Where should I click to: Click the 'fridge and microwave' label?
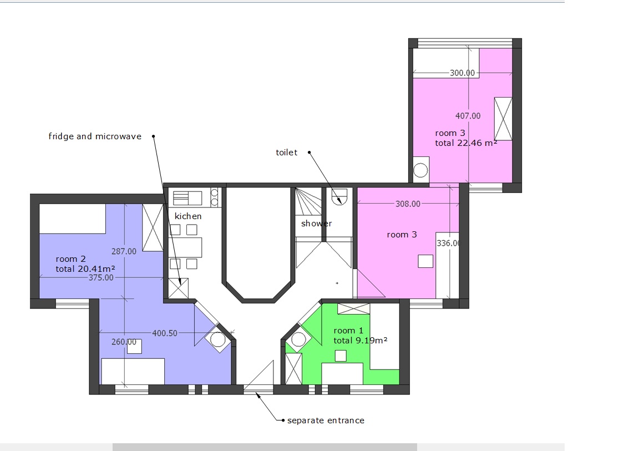click(95, 136)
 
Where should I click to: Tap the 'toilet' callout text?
click(286, 153)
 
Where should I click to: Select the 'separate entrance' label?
click(326, 420)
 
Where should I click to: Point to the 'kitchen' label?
click(188, 216)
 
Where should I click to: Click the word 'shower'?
click(317, 223)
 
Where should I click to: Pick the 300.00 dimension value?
click(462, 73)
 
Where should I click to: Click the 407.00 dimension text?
click(468, 116)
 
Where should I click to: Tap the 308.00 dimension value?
click(408, 204)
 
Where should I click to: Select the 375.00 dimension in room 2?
click(101, 277)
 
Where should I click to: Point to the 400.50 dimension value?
click(165, 333)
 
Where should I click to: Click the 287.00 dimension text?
click(124, 251)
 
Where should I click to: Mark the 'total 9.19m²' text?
click(360, 340)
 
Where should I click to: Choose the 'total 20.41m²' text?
click(85, 269)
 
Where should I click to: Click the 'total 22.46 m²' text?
click(466, 143)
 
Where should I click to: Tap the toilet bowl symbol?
click(339, 197)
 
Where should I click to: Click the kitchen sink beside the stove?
click(187, 198)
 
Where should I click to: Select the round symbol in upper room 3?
click(420, 170)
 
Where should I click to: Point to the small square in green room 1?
click(341, 356)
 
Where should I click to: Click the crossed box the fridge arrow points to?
click(179, 288)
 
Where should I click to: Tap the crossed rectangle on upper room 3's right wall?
click(503, 119)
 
